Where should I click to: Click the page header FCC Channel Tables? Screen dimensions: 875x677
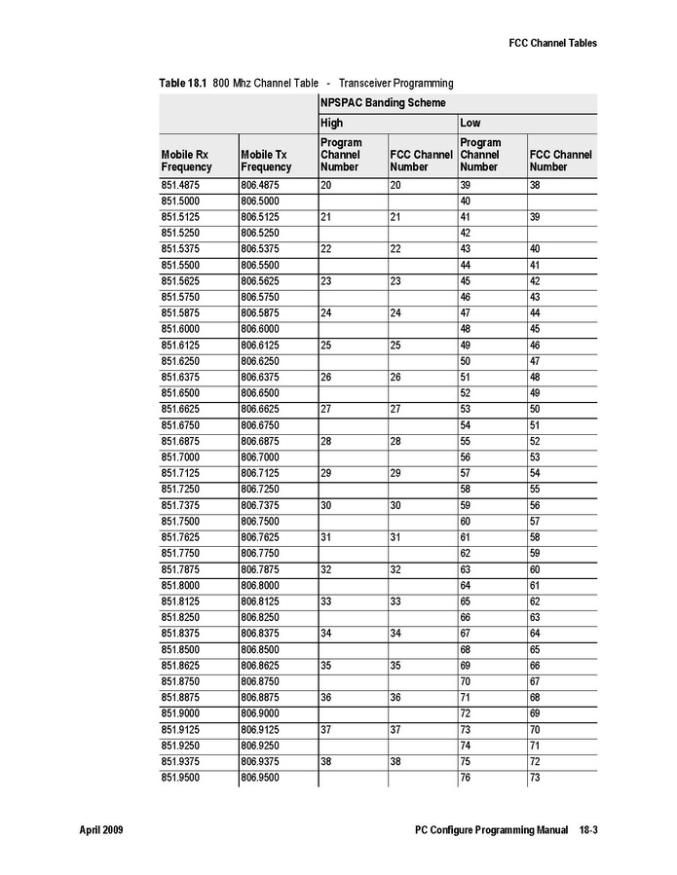pos(552,43)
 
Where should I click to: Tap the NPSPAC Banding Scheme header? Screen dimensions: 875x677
pos(383,102)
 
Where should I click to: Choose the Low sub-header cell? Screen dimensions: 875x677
pos(470,124)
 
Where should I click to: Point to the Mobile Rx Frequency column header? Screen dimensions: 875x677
pos(186,161)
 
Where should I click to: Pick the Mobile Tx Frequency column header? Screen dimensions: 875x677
pos(265,161)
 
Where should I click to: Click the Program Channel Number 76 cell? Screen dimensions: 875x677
pos(466,778)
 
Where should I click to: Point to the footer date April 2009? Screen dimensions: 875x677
pos(100,830)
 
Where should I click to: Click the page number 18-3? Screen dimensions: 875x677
pos(587,830)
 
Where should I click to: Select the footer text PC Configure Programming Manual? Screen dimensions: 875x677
pos(491,830)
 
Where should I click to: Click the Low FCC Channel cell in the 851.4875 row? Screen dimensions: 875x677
pos(535,184)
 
